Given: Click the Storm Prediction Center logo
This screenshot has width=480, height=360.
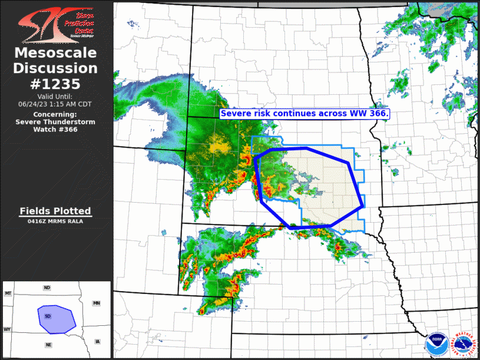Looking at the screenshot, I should pos(55,23).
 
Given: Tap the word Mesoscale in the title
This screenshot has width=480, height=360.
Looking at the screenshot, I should pos(55,54).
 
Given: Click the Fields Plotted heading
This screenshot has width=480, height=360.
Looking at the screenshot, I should pos(55,210).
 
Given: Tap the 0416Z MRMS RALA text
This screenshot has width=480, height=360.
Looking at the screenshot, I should pos(55,222).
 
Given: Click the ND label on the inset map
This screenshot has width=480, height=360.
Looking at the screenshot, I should pos(47,288).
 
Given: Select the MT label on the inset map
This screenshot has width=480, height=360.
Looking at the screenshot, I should pos(8,293).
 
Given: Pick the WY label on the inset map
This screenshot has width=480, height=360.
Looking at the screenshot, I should pos(7,329).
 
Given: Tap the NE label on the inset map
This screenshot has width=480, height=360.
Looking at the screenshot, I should pos(47,344).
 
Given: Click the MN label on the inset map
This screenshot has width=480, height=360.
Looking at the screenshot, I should pos(97,303).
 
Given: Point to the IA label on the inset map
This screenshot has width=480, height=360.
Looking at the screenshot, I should pos(97,341).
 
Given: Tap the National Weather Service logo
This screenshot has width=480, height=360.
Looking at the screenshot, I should pos(464,342).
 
